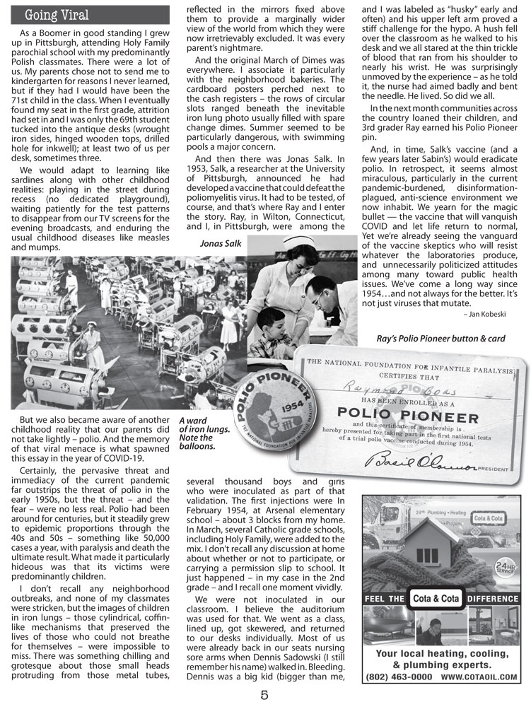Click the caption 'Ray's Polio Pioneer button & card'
(451, 338)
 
